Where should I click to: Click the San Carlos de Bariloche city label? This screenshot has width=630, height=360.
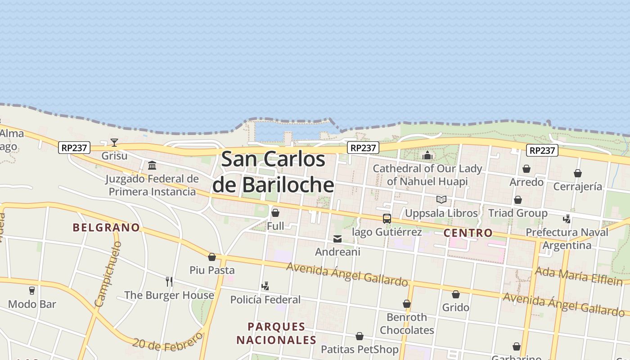pyautogui.click(x=273, y=172)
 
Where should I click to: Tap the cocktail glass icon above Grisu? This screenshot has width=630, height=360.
pyautogui.click(x=114, y=143)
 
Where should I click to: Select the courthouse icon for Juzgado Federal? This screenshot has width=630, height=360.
pyautogui.click(x=152, y=165)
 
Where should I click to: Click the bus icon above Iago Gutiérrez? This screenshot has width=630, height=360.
pyautogui.click(x=387, y=219)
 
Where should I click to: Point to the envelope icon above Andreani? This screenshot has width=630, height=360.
pyautogui.click(x=337, y=239)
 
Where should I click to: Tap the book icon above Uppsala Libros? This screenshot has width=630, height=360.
pyautogui.click(x=441, y=199)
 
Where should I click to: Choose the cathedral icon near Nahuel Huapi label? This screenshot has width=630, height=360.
pyautogui.click(x=427, y=156)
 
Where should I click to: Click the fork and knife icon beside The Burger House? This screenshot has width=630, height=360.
pyautogui.click(x=169, y=282)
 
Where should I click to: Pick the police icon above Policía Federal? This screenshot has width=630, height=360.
pyautogui.click(x=265, y=286)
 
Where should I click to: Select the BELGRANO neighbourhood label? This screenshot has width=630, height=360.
pyautogui.click(x=106, y=227)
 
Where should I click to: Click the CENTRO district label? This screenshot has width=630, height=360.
pyautogui.click(x=468, y=233)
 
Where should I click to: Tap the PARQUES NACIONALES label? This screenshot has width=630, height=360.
pyautogui.click(x=276, y=333)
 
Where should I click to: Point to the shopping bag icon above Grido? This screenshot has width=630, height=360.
pyautogui.click(x=456, y=294)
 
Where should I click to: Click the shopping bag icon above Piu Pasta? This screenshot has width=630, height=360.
pyautogui.click(x=212, y=257)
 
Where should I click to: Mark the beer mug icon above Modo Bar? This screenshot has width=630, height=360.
pyautogui.click(x=32, y=291)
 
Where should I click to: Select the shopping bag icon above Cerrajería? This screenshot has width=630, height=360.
pyautogui.click(x=578, y=173)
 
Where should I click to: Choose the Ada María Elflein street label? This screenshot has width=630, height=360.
pyautogui.click(x=578, y=276)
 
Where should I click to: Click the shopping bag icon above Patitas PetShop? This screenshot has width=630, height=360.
pyautogui.click(x=360, y=336)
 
